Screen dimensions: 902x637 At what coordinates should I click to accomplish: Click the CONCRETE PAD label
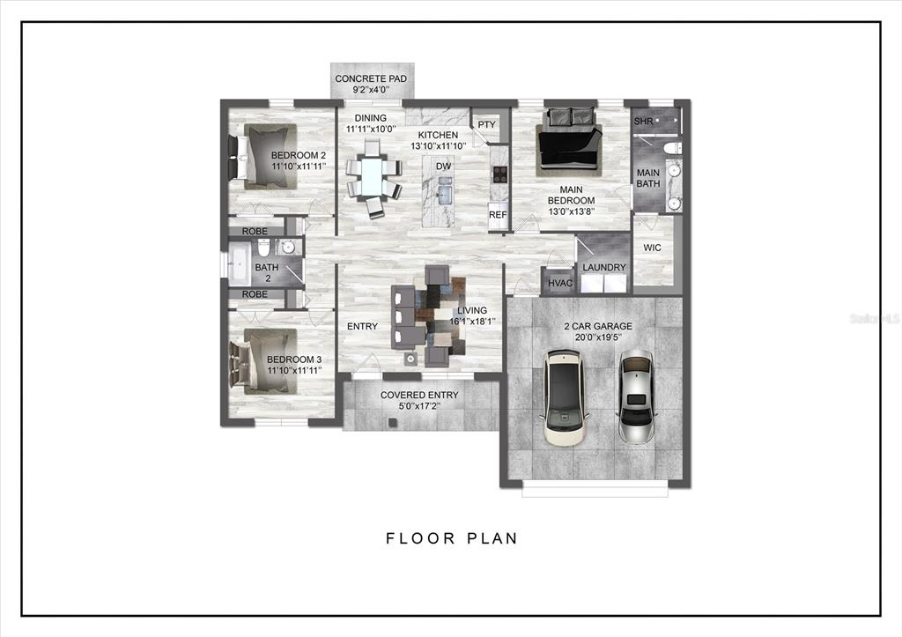tap(371, 78)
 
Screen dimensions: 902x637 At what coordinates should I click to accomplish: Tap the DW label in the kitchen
tap(444, 167)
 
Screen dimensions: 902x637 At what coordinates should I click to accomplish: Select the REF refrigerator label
tap(498, 215)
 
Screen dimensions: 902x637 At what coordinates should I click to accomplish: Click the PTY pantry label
tap(486, 125)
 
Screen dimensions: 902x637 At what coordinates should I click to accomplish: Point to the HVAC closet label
tap(560, 283)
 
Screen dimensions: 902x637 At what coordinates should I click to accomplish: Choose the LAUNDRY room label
tap(604, 268)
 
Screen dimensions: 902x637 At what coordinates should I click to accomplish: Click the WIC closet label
tap(652, 248)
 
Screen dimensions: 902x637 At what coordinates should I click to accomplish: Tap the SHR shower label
tap(643, 122)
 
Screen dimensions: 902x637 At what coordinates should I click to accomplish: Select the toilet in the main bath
tap(672, 149)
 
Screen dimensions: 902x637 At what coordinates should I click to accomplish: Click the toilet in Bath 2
tap(263, 248)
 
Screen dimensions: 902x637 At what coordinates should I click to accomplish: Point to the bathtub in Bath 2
tap(240, 264)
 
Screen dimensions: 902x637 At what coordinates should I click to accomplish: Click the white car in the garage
tap(565, 396)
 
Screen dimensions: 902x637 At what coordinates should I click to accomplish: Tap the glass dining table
tap(373, 178)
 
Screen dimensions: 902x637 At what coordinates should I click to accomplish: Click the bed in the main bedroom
tap(568, 143)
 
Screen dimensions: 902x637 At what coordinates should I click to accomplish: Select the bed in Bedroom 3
tap(263, 361)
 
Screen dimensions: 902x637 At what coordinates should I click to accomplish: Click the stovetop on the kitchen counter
tap(499, 174)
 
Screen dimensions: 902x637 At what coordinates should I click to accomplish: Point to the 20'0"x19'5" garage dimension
tap(598, 337)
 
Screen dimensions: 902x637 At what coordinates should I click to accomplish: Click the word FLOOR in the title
tap(420, 538)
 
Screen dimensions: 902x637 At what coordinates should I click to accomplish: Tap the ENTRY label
tap(362, 326)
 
